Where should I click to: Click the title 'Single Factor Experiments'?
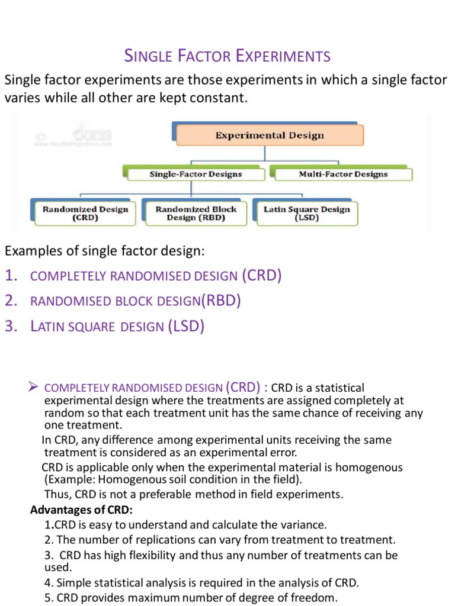227,57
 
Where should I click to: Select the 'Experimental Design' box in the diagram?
270,136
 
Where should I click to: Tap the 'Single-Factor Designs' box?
195,174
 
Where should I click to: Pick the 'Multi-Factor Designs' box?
343,174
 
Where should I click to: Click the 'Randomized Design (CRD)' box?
85,213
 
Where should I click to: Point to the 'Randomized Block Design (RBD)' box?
196,213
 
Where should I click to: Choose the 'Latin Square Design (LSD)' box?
307,213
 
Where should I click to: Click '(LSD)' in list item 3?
186,326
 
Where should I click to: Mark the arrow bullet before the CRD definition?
34,387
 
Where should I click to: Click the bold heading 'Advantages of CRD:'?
82,510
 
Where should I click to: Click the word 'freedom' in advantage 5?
318,598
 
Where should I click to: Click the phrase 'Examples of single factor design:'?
104,251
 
